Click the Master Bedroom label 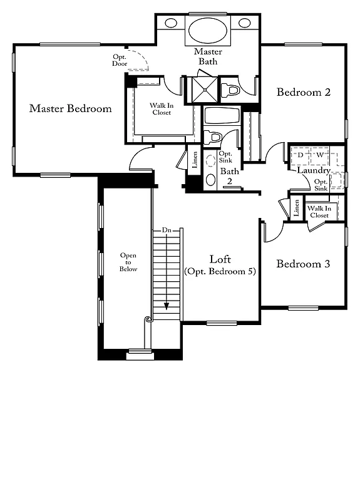coord(70,108)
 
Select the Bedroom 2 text coord(304,92)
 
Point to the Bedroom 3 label coord(303,264)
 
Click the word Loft coord(220,259)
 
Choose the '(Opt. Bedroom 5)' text coord(220,271)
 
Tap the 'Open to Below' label coord(128,262)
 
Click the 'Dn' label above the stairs coord(167,230)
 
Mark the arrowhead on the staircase coord(167,306)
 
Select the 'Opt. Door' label coord(120,59)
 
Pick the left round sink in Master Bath coord(171,23)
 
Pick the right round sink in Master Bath coord(244,23)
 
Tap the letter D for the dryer coord(301,154)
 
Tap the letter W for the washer coord(319,154)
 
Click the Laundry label coord(313,170)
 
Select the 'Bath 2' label coord(230,176)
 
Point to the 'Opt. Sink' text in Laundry coord(321,185)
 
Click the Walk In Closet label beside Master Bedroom coord(160,109)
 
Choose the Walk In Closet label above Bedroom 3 coord(319,212)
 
